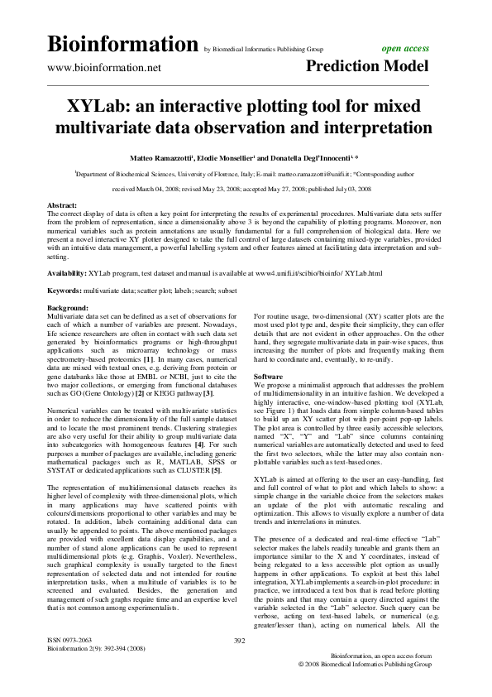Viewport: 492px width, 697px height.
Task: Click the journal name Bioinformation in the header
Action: click(123, 44)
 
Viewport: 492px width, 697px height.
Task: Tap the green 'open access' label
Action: click(404, 49)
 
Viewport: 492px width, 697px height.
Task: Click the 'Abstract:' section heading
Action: click(64, 204)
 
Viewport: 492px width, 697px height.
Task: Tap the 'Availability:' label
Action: click(67, 272)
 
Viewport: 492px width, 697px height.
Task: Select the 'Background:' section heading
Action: click(69, 306)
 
